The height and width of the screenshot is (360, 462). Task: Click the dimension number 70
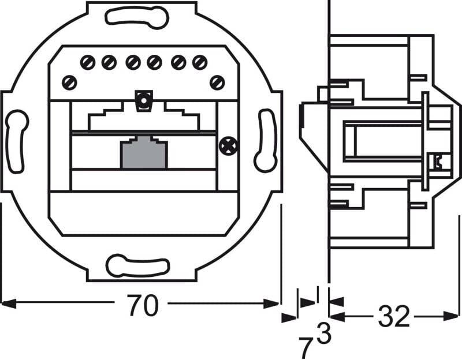point(143,306)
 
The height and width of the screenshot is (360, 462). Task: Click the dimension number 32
point(394,316)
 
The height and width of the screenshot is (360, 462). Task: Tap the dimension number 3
point(324,333)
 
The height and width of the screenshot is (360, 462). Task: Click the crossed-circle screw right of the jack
point(228,147)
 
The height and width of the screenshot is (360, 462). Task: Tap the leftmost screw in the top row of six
point(88,62)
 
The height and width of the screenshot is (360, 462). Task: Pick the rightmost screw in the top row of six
point(200,62)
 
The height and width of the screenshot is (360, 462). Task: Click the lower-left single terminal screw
point(69,82)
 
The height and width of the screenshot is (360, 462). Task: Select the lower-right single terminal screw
point(217,82)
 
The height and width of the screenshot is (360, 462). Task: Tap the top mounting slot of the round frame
point(137,18)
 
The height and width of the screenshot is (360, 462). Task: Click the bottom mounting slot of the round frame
point(137,267)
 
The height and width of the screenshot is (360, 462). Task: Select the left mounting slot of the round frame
point(16,141)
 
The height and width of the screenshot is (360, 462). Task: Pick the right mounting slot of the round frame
point(266,140)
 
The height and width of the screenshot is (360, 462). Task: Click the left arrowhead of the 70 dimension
point(9,303)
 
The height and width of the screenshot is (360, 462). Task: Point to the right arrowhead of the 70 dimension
point(271,303)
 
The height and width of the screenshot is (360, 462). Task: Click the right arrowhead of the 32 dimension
point(451,316)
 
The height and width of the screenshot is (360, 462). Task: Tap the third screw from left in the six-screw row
point(133,62)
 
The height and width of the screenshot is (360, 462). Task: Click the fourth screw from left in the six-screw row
point(154,62)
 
